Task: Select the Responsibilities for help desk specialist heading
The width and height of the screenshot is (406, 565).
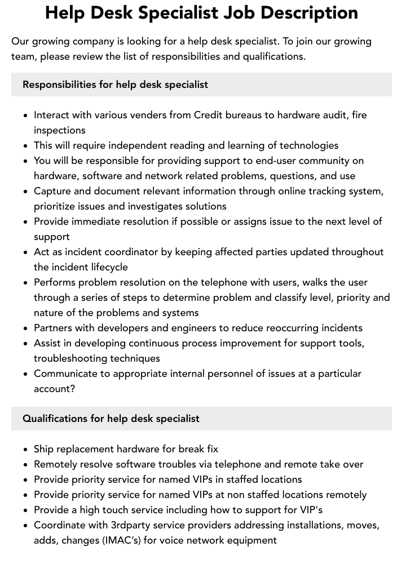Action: [115, 84]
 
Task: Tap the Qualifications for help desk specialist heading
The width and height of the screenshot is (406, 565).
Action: [111, 419]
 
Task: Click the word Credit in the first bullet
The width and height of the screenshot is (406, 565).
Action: [208, 115]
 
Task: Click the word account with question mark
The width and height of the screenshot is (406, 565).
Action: [54, 389]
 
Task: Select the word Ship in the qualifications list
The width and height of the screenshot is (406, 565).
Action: [43, 449]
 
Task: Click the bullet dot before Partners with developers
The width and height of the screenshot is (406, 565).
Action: [26, 328]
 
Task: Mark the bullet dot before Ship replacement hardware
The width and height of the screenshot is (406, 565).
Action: [26, 450]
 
